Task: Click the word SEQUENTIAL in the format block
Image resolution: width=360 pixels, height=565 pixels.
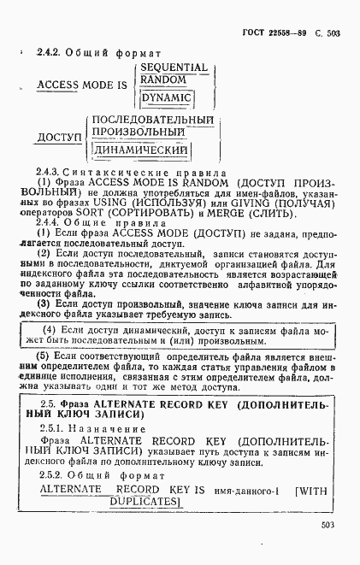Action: (174, 67)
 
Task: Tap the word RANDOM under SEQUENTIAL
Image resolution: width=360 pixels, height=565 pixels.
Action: (163, 79)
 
